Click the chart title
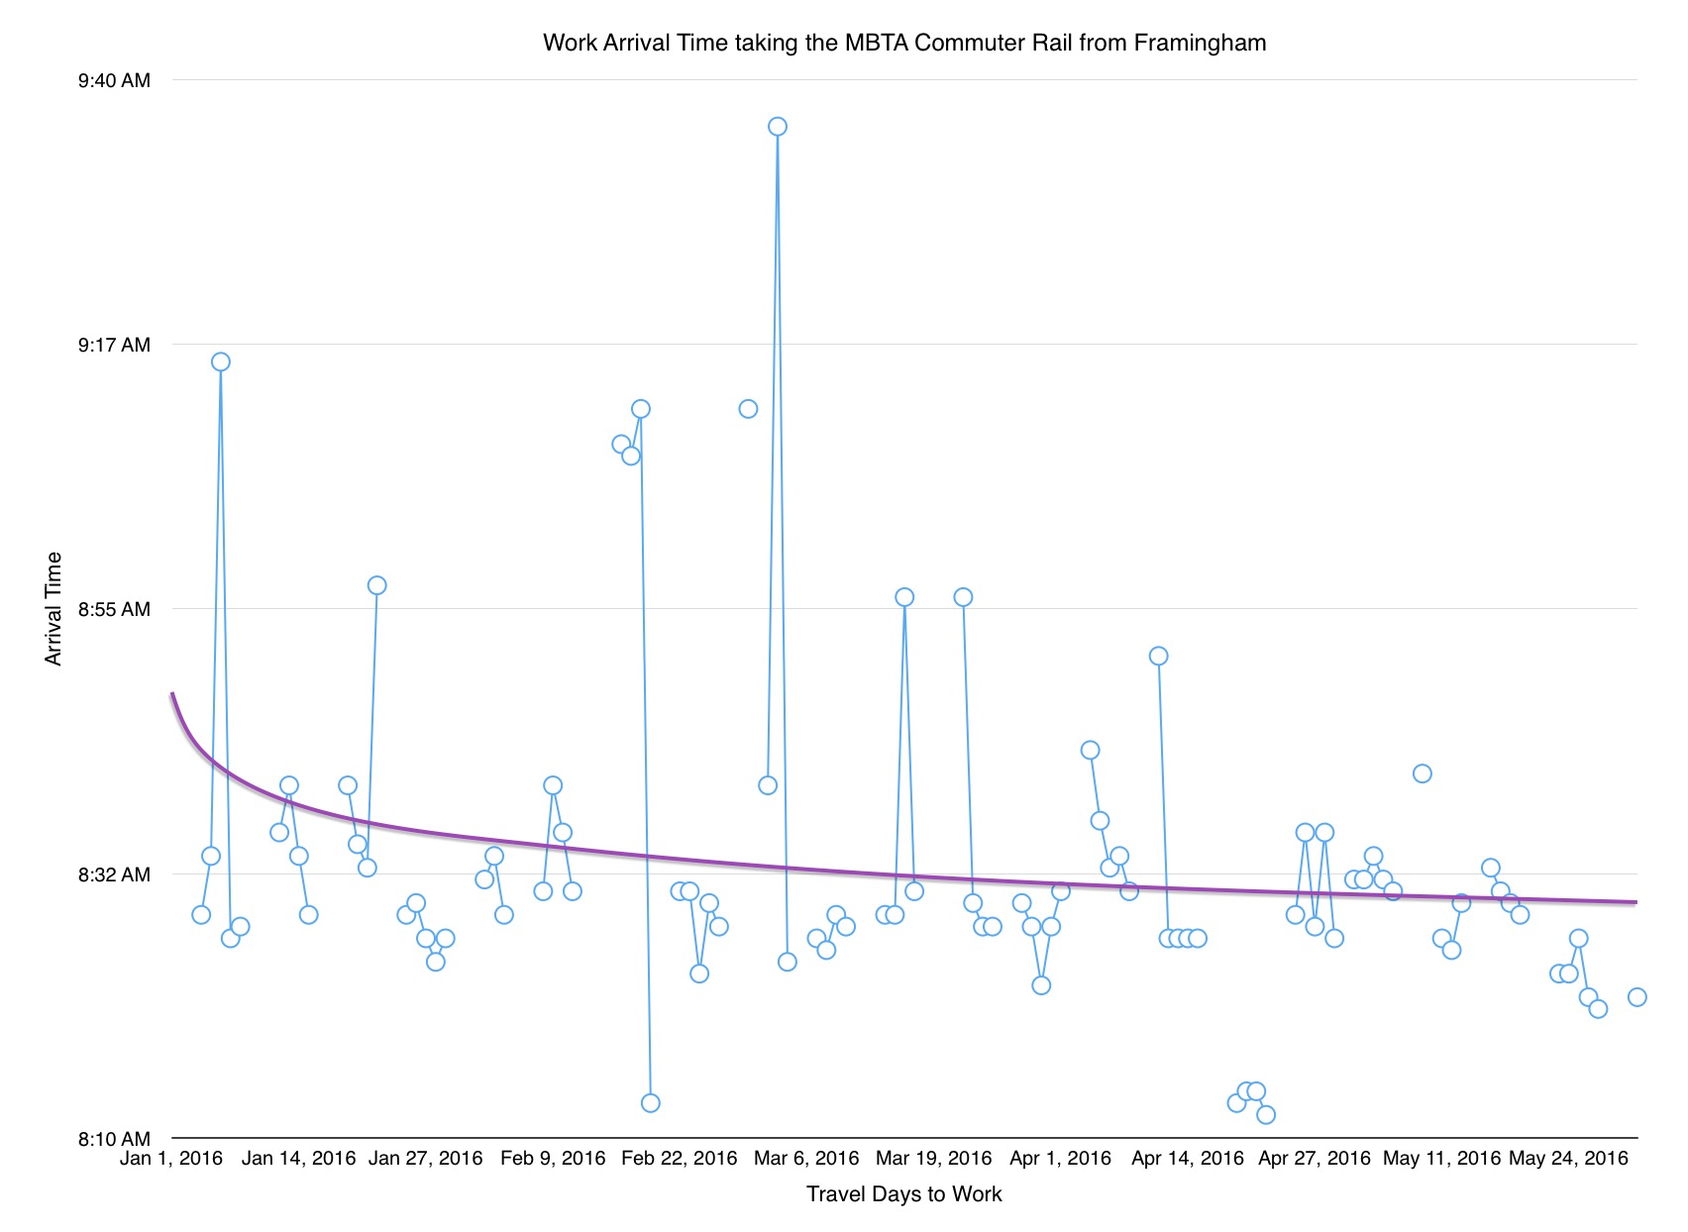tap(903, 43)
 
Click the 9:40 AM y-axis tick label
tap(115, 80)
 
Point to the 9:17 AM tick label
tap(115, 345)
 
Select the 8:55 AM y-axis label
tap(115, 609)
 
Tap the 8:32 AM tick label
tap(115, 874)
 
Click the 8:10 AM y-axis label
tap(115, 1139)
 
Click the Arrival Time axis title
tap(53, 608)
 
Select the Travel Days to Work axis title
tap(903, 1194)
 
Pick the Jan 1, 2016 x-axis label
tap(171, 1159)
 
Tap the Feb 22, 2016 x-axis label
tap(680, 1159)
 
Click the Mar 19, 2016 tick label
tap(934, 1159)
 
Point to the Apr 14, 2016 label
tap(1188, 1159)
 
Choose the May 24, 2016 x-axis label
tap(1568, 1159)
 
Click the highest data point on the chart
tap(778, 127)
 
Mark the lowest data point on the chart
tap(1266, 1115)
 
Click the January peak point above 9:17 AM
tap(221, 361)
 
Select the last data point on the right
tap(1637, 997)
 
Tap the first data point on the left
tap(201, 915)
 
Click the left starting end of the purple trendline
tap(172, 694)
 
